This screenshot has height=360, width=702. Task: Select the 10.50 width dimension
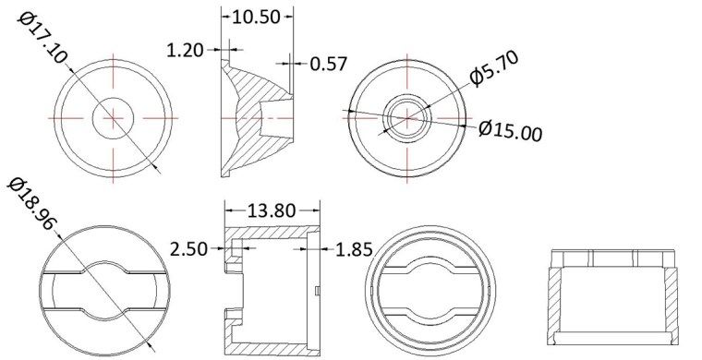(256, 18)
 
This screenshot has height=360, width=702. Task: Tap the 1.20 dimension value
(186, 50)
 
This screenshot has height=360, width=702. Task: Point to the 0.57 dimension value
(329, 64)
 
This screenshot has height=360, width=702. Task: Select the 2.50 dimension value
(190, 248)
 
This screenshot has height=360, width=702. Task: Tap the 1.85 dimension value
(356, 248)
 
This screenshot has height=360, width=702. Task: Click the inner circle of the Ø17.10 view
(114, 117)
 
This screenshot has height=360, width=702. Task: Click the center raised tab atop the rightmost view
(613, 257)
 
